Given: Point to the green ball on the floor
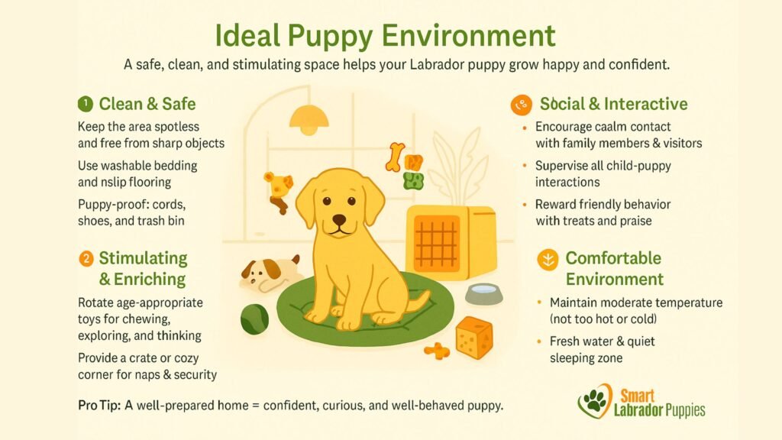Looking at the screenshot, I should pyautogui.click(x=254, y=319).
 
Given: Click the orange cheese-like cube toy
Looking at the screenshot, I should pyautogui.click(x=473, y=337).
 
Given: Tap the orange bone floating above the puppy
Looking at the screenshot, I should pyautogui.click(x=395, y=156).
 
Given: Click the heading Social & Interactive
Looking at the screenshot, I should pyautogui.click(x=613, y=104).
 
